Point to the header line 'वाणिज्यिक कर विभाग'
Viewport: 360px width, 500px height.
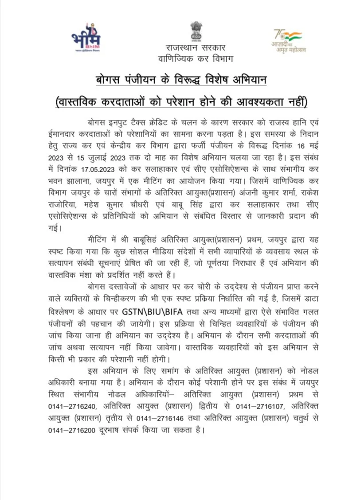click(195, 58)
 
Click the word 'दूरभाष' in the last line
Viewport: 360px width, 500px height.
click(113, 430)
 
